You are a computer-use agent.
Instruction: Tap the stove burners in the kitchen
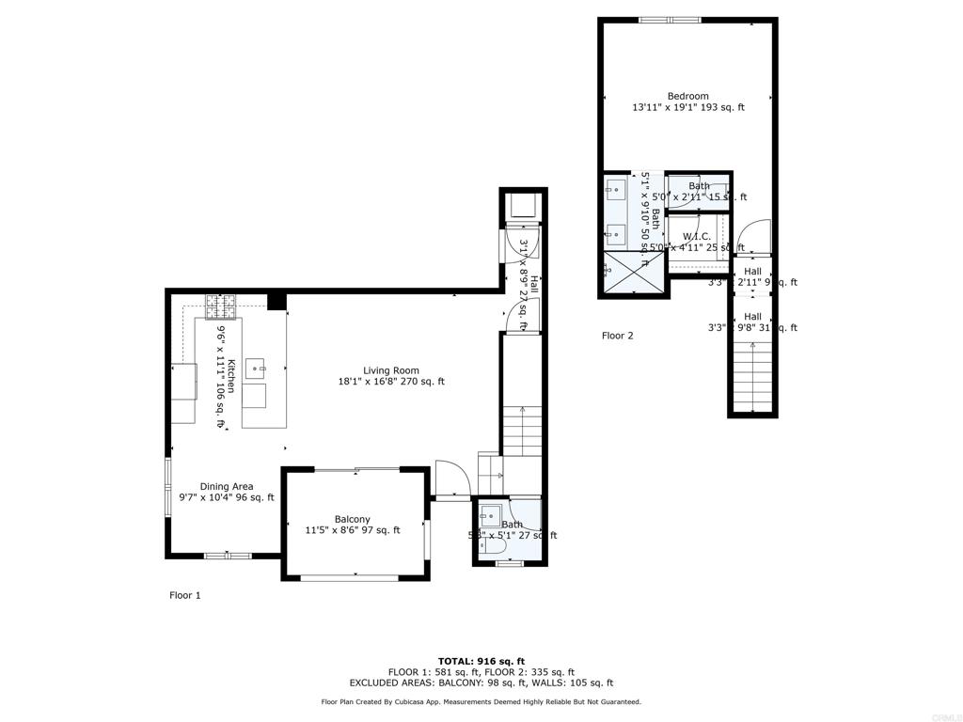pos(224,305)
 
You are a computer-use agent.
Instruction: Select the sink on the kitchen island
pos(256,368)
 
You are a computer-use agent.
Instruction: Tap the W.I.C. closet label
pos(696,237)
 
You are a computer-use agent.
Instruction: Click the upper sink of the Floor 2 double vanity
pos(616,191)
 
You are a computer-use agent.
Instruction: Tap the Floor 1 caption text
pos(185,595)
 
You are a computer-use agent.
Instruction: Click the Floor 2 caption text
pos(618,336)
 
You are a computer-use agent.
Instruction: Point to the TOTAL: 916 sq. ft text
pos(481,661)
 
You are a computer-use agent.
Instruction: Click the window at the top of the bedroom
pos(670,20)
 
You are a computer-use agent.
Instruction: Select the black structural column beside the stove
pos(276,301)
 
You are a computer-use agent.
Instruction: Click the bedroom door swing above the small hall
pos(755,236)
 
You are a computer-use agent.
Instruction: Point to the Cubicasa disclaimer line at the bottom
pos(481,701)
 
